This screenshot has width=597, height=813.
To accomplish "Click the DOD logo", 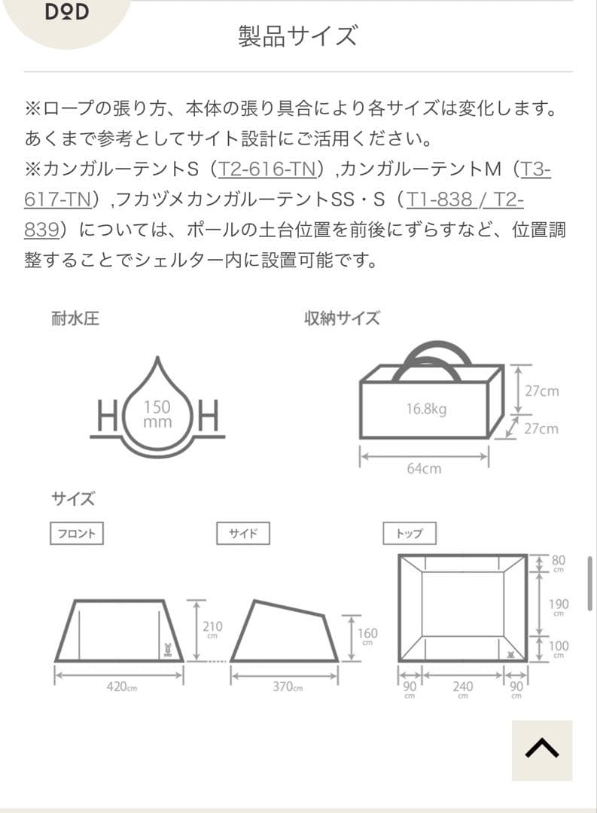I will pos(66,13).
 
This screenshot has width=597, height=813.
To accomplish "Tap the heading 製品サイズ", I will pos(298,35).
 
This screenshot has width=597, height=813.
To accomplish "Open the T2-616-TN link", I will pos(267,169).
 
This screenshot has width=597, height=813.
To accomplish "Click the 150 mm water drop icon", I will pos(157,413).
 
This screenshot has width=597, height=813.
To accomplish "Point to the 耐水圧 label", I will pos(75,318).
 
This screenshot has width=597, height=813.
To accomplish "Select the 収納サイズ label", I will pos(342,318).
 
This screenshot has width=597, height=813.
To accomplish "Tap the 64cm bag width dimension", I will pos(424,468).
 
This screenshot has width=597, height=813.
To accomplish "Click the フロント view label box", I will pos(76,534).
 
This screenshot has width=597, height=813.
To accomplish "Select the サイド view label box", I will pos(242,534).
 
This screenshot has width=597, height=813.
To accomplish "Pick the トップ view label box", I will pos(409,534).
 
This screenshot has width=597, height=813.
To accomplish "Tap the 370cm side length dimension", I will pos(288,687).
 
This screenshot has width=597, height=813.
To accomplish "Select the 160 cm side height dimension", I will pos(368,636).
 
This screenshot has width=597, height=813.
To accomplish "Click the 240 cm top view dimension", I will pos(462,689).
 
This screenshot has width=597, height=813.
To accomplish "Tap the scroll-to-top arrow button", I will pos(541,750).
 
